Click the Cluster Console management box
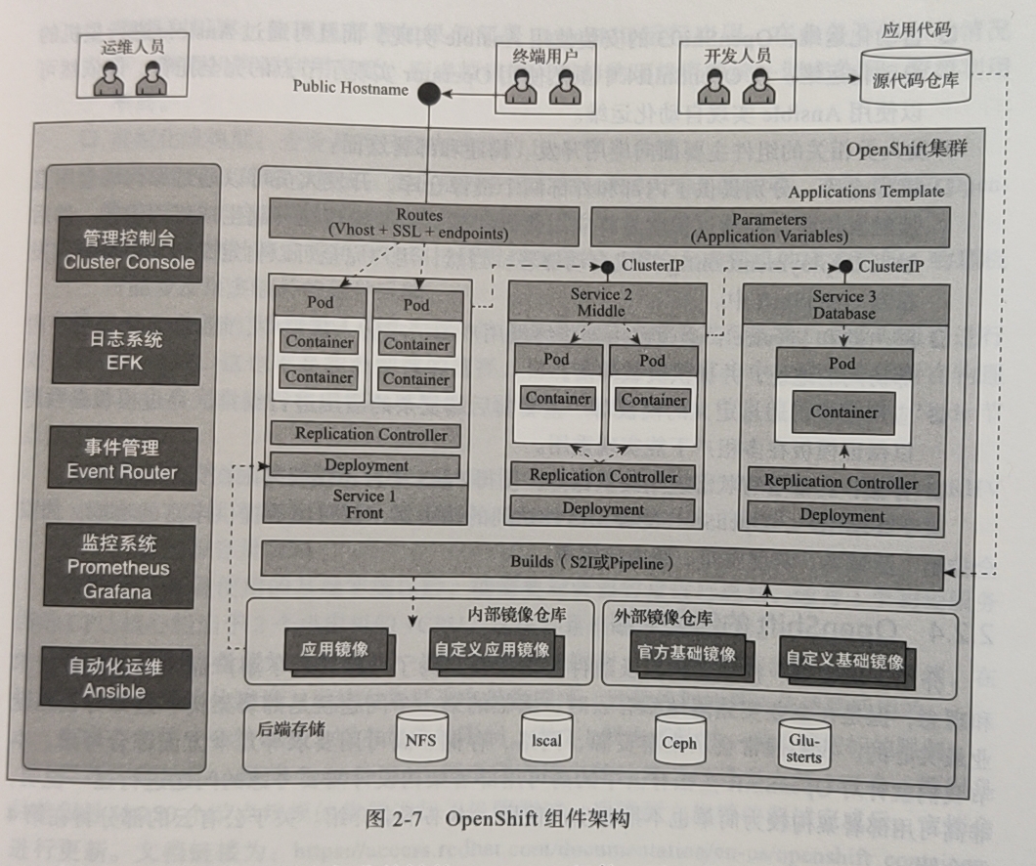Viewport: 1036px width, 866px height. click(129, 249)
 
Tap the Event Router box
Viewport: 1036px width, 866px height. click(122, 459)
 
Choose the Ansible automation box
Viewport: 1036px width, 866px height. click(114, 678)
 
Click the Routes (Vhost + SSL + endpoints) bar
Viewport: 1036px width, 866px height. click(419, 224)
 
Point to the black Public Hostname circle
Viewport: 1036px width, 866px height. click(428, 94)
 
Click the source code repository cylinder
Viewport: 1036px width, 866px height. click(916, 78)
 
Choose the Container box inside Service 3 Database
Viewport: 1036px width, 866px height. click(842, 411)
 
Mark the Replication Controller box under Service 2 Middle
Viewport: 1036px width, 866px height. click(603, 476)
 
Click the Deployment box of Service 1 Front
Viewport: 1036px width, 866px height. click(366, 466)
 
